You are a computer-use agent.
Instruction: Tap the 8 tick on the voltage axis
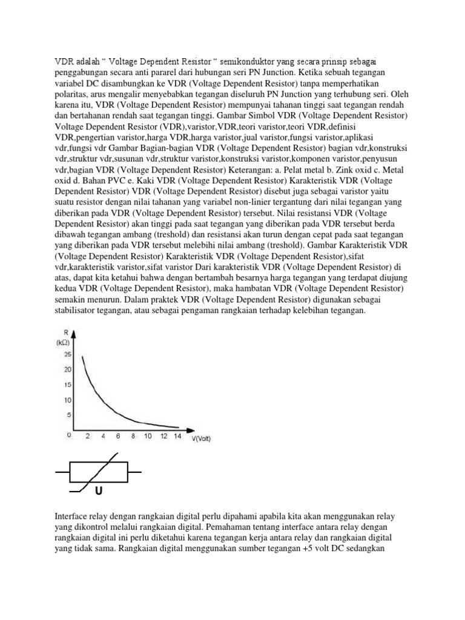click(133, 436)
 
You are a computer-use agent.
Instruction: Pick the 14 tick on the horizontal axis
click(177, 436)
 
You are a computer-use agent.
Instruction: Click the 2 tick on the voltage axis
click(88, 436)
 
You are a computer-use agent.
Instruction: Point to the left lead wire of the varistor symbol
click(63, 470)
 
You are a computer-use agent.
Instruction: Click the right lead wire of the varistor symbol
click(134, 470)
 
